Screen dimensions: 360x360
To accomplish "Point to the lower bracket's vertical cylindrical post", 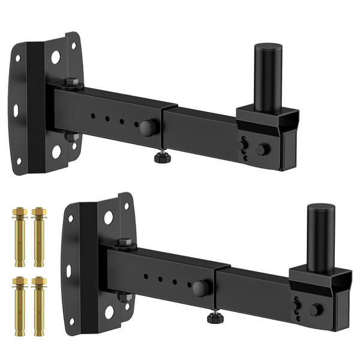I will pos(321,237).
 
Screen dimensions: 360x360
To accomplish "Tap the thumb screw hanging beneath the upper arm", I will pos(161,158).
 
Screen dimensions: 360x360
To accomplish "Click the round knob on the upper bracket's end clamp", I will pos(262,149).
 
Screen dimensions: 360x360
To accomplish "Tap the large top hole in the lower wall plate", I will pos(109,218).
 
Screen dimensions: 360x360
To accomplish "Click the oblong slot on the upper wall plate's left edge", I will pos(16,110).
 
